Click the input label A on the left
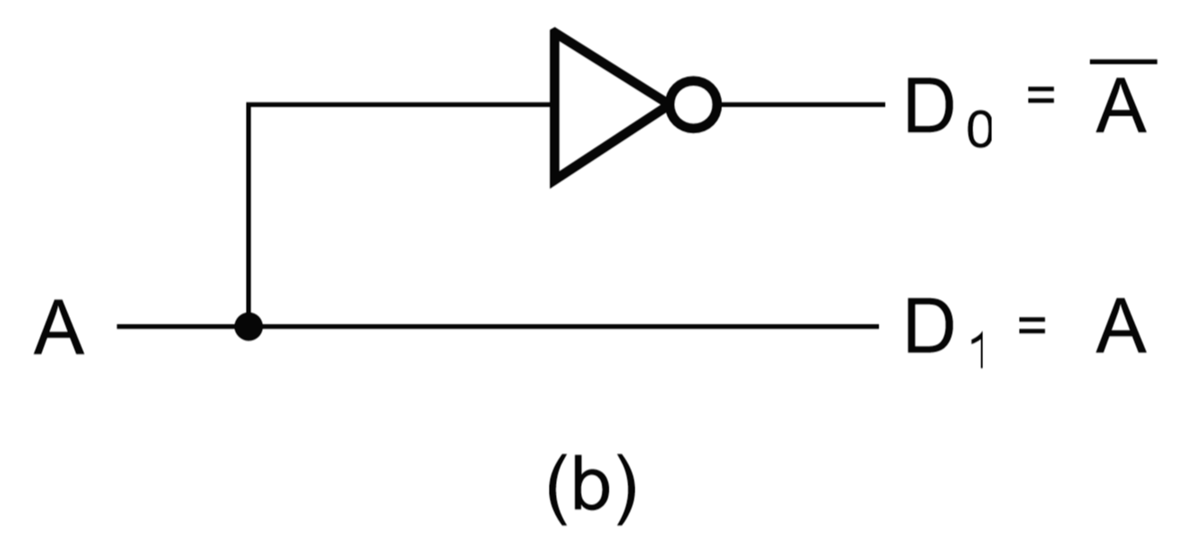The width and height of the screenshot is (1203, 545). click(59, 328)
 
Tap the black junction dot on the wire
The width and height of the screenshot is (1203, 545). click(248, 326)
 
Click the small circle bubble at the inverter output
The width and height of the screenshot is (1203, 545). click(694, 106)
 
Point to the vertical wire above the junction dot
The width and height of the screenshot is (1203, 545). click(248, 214)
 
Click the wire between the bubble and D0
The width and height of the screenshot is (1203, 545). click(800, 105)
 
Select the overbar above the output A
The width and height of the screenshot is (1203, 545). click(1123, 62)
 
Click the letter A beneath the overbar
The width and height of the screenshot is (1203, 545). click(1122, 108)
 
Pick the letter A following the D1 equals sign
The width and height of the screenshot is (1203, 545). click(1122, 328)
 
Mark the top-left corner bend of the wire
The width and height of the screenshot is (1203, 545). click(249, 105)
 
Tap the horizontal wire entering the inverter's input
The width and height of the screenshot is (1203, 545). click(402, 105)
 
